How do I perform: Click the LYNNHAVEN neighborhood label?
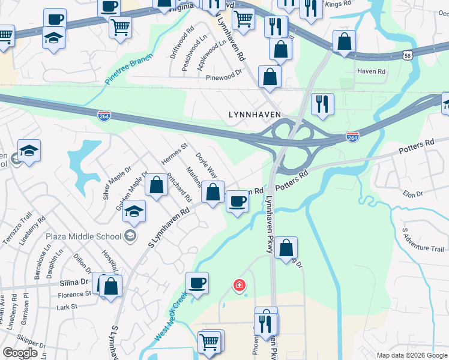[255, 114]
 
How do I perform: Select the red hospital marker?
[239, 285]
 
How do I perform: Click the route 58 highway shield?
[408, 55]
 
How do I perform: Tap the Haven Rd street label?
[371, 71]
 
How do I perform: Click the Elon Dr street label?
[413, 194]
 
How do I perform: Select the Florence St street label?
[74, 295]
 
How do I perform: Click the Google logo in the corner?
[20, 352]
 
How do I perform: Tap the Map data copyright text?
[412, 355]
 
